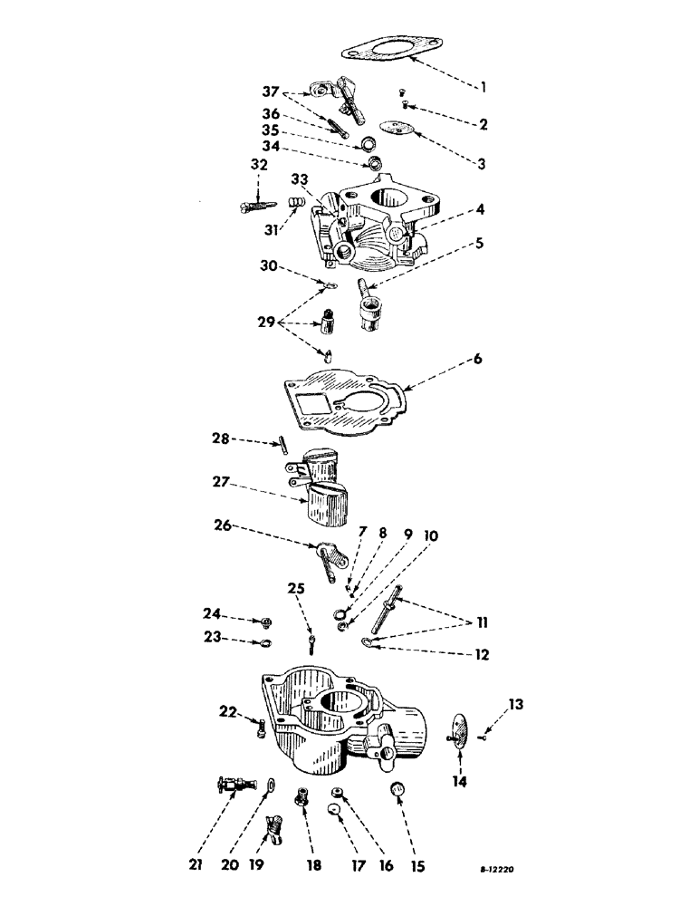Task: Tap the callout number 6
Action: point(476,359)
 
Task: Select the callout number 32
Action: point(259,164)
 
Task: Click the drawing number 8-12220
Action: point(498,868)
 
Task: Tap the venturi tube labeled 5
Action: point(370,309)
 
